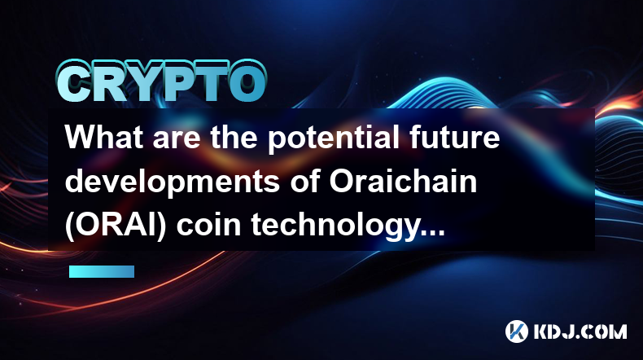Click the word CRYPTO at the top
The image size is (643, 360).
click(x=162, y=81)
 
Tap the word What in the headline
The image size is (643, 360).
click(x=104, y=137)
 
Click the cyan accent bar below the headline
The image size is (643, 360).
click(x=102, y=272)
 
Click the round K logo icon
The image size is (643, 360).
click(x=517, y=331)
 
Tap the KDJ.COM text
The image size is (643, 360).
click(x=580, y=331)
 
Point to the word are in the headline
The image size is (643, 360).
click(x=177, y=139)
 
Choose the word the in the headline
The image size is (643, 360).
click(x=234, y=137)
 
